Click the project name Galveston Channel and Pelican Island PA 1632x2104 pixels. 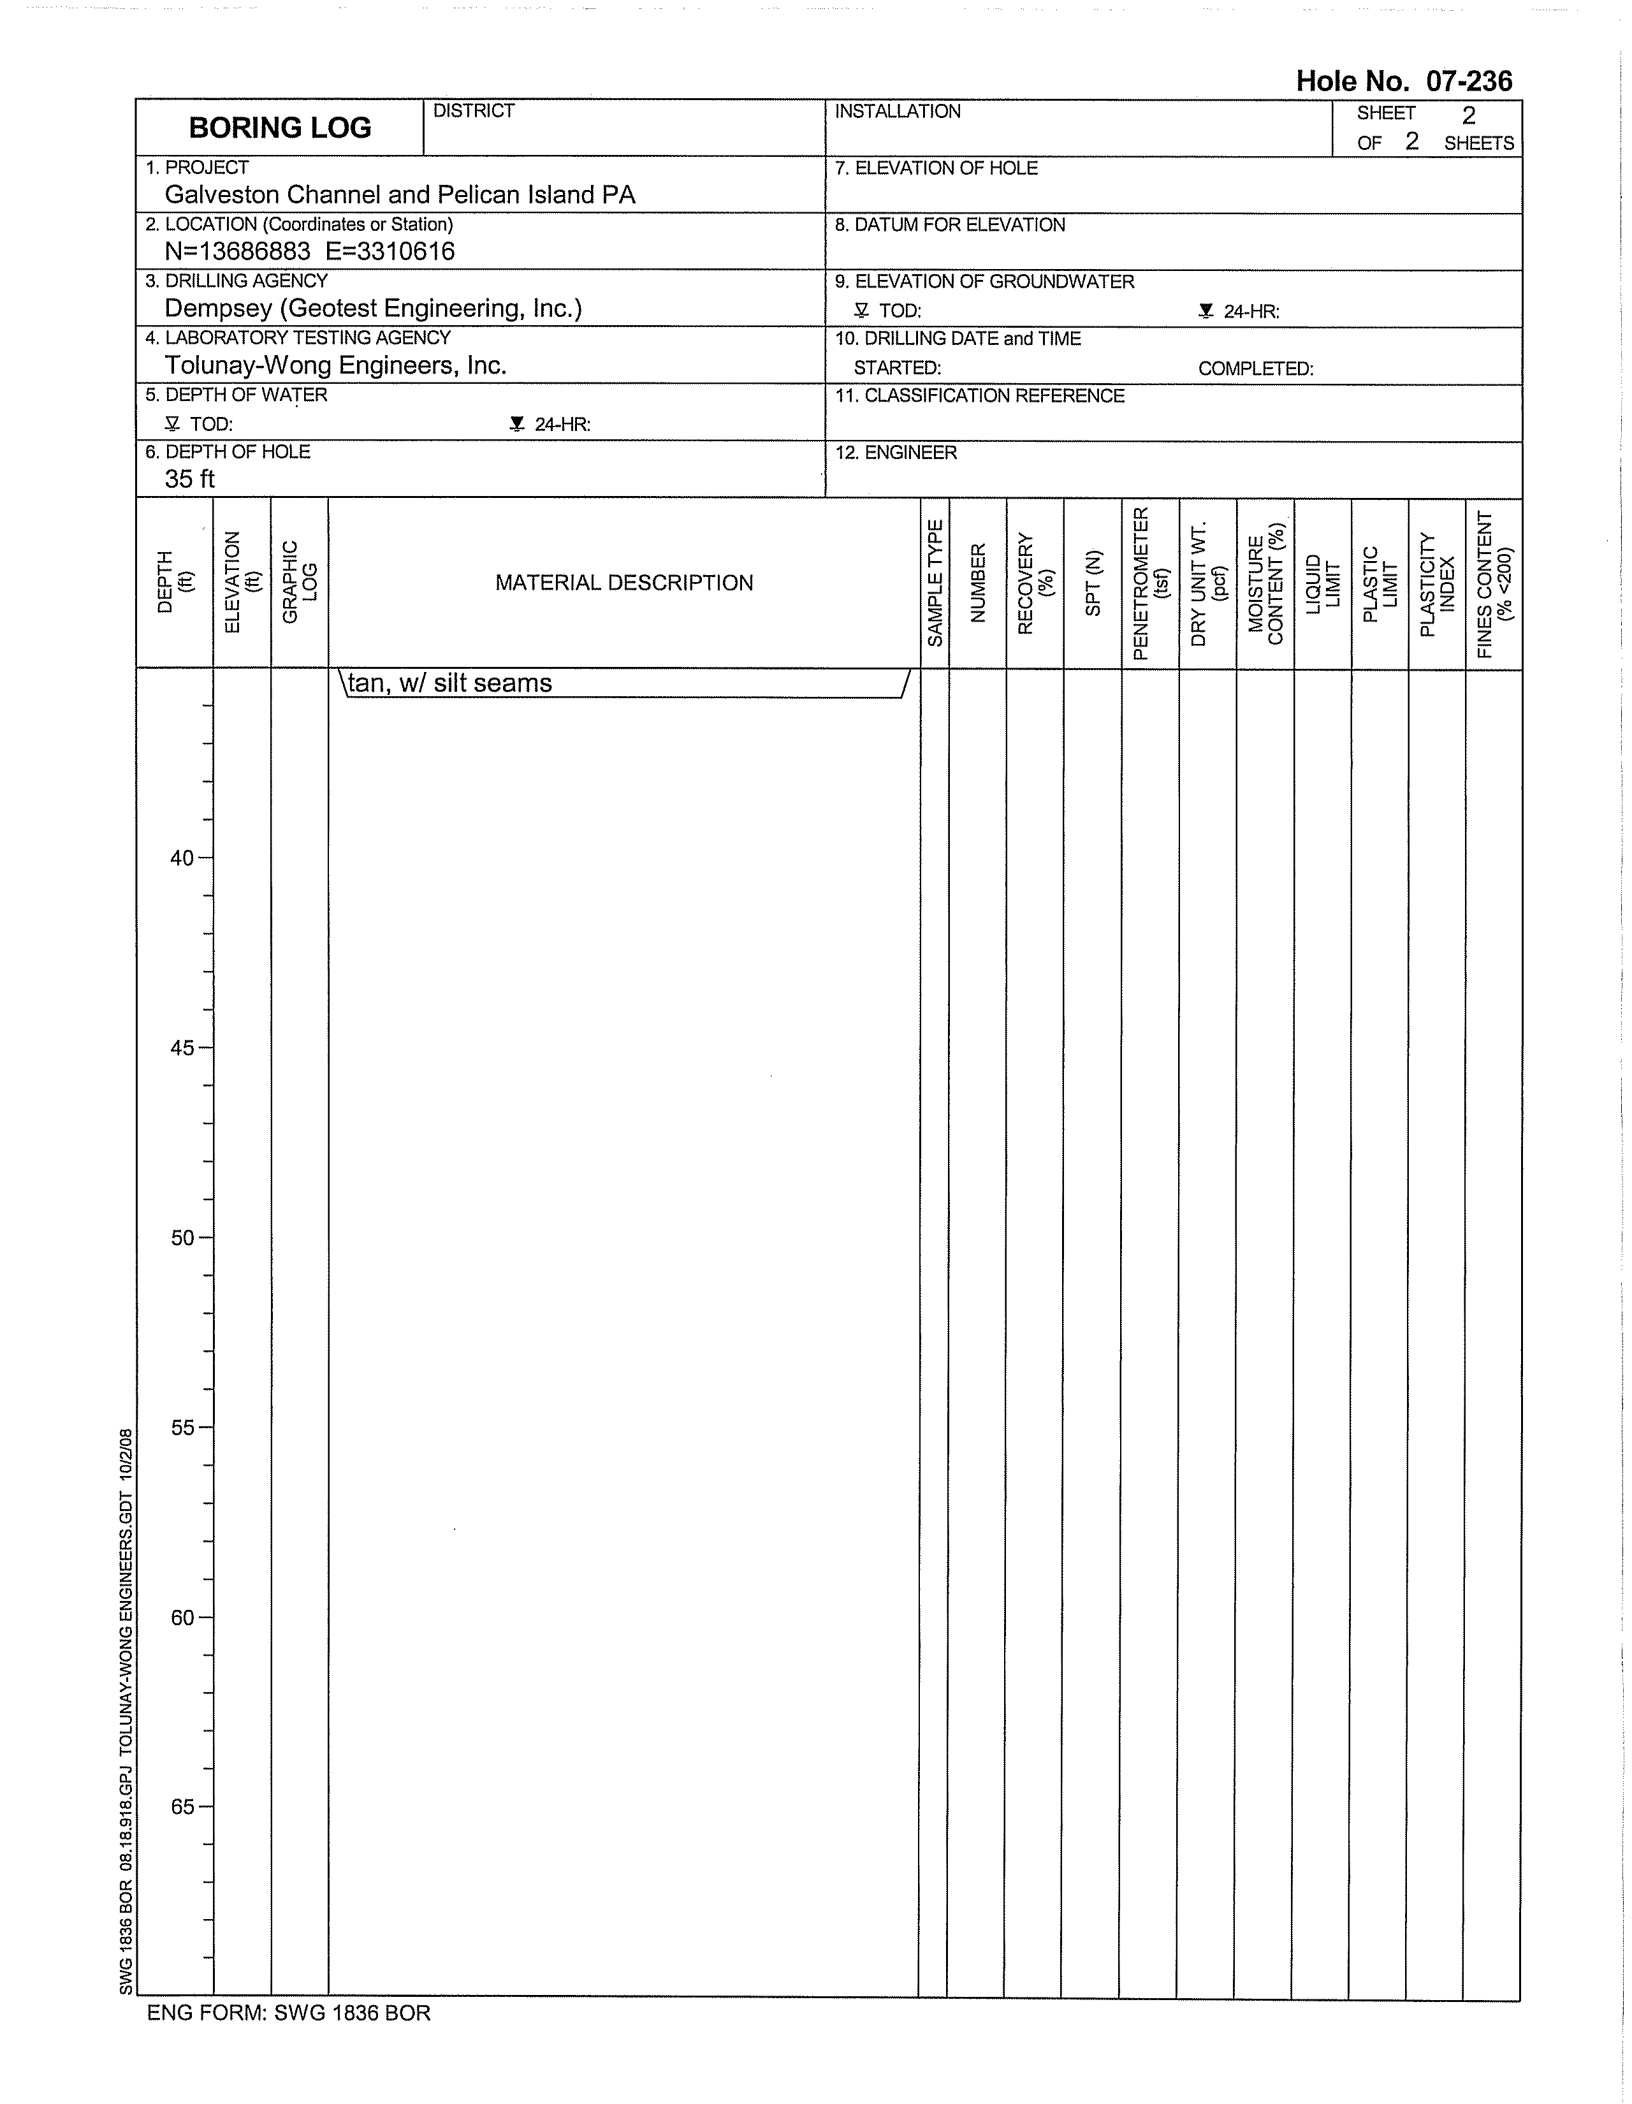[x=400, y=194]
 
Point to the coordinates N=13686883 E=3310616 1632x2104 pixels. [x=309, y=251]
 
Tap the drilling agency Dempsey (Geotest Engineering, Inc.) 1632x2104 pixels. [x=373, y=309]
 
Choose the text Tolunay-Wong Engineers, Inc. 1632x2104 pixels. [x=335, y=365]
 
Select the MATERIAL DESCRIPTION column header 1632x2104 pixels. [x=623, y=583]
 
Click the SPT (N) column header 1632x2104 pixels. [x=1093, y=583]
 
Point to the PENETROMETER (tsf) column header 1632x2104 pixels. [x=1150, y=583]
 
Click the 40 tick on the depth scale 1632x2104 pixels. [x=182, y=858]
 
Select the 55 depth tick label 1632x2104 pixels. [x=182, y=1428]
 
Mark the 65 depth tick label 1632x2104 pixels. [x=182, y=1808]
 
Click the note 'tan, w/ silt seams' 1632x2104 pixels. [x=450, y=683]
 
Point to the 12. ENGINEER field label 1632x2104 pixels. [x=895, y=453]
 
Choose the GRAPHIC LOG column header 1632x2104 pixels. [x=300, y=583]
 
